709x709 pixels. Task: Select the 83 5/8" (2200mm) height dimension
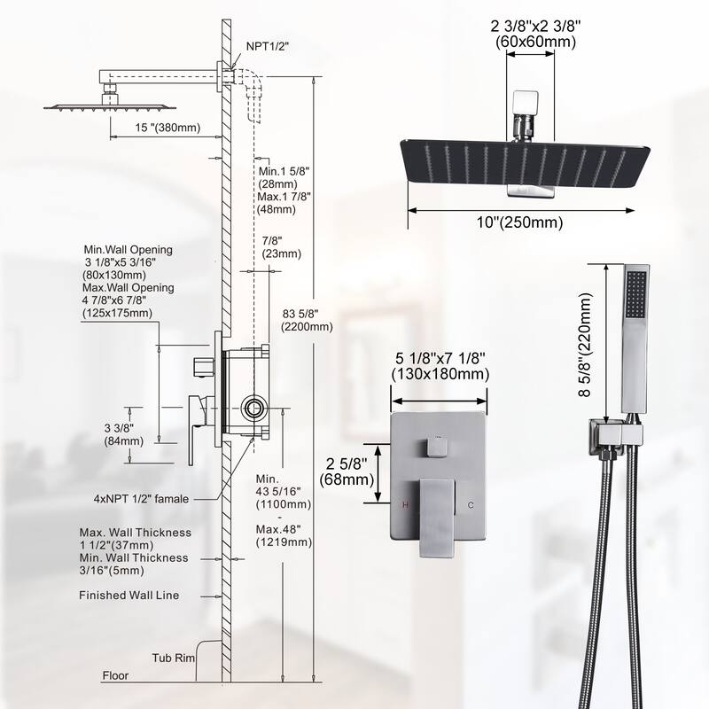pyautogui.click(x=306, y=318)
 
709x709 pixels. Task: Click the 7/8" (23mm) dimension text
pyautogui.click(x=282, y=246)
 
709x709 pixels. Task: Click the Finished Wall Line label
pyautogui.click(x=129, y=596)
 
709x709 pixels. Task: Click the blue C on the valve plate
pyautogui.click(x=471, y=504)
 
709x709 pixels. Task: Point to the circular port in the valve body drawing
pyautogui.click(x=254, y=409)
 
